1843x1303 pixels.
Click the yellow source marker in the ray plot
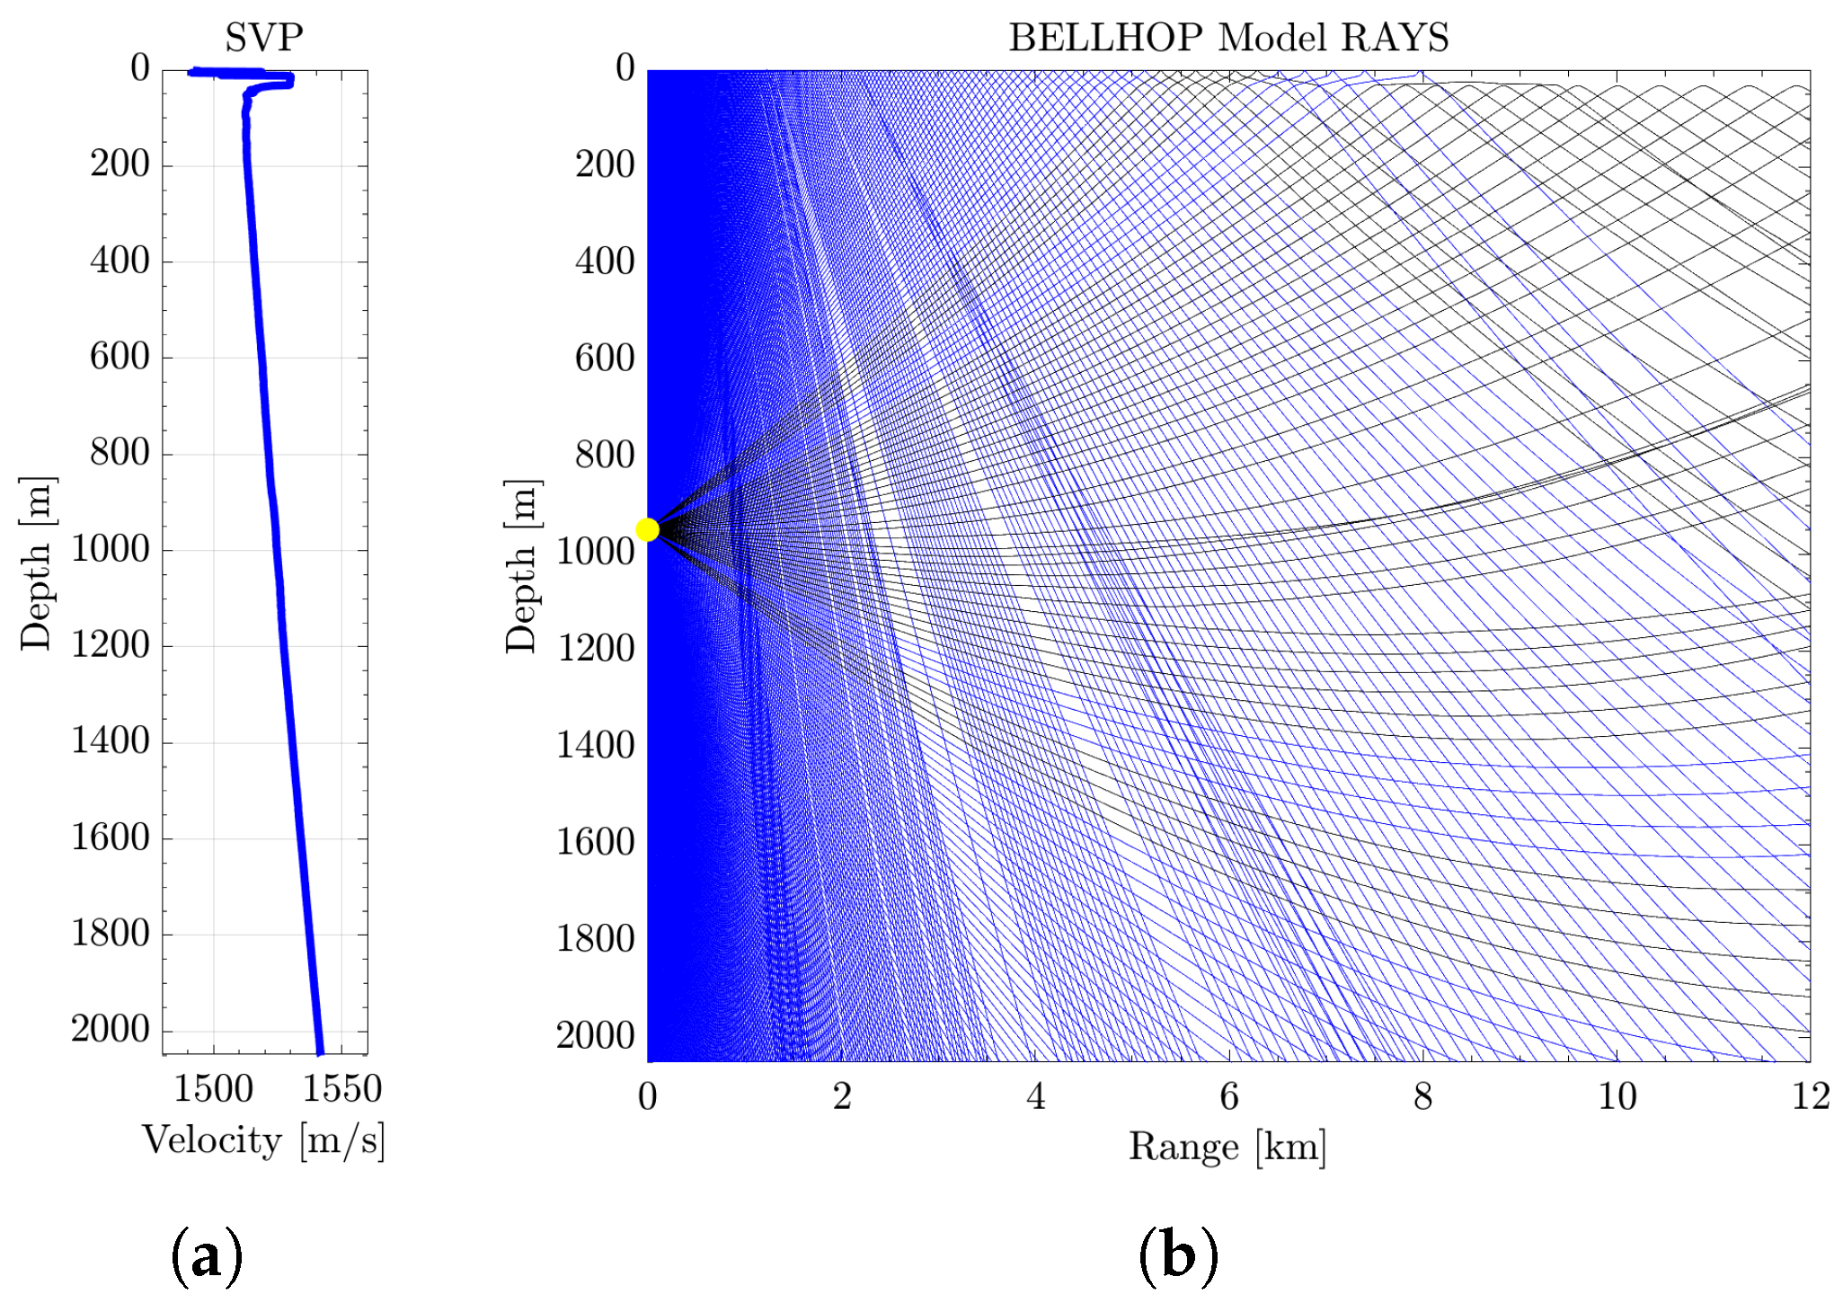647,529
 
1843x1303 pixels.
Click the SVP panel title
264,38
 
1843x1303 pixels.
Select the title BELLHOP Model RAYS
1228,38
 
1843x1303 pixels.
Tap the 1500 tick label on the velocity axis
214,1089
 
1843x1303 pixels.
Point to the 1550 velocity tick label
342,1089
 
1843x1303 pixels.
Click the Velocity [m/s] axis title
263,1141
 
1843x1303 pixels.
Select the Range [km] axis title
1227,1148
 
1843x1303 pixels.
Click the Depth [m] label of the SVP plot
38,563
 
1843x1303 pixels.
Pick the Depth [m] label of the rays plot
522,566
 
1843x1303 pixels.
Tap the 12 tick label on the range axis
1811,1096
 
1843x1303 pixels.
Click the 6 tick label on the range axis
1228,1096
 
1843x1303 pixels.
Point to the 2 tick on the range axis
841,1096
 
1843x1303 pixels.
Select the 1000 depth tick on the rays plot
596,551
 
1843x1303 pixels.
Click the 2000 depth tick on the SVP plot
111,1030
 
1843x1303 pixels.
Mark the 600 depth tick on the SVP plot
120,357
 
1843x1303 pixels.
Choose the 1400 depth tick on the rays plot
596,745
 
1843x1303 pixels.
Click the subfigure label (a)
207,1255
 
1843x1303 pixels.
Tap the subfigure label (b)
1178,1255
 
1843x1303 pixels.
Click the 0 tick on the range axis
647,1096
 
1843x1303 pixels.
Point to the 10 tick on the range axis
1617,1096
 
